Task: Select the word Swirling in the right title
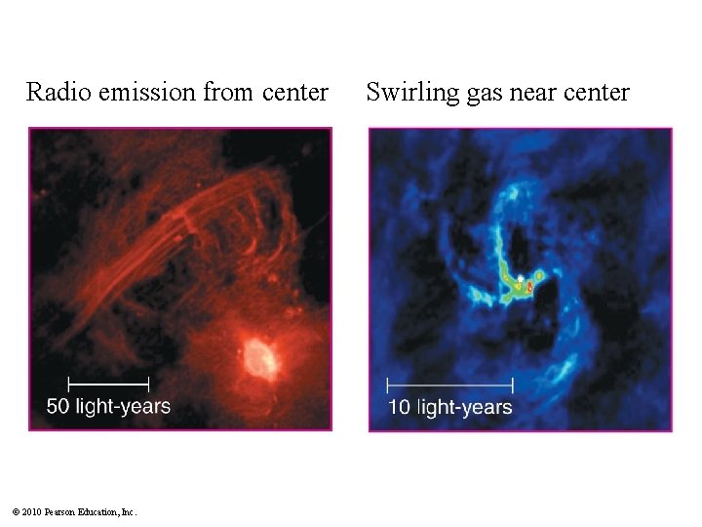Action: click(407, 93)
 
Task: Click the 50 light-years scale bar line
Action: click(108, 382)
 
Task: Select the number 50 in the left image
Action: click(58, 406)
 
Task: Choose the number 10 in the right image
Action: click(399, 407)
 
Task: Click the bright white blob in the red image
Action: click(260, 357)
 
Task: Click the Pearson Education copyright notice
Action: click(74, 511)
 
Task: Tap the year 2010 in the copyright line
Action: click(31, 511)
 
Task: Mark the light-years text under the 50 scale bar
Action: click(122, 406)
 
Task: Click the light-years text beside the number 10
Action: click(464, 407)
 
